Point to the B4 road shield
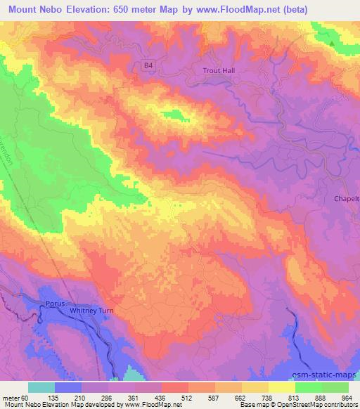[x=148, y=65]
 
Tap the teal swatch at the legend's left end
[x=41, y=387]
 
